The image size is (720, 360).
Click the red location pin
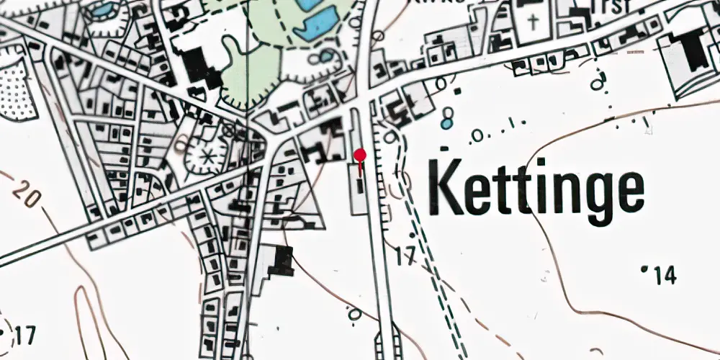(x=361, y=155)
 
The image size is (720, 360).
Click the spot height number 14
(x=665, y=274)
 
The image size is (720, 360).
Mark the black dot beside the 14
(x=644, y=269)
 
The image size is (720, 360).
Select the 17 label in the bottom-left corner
(x=24, y=335)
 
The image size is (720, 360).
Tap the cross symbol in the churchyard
(x=534, y=21)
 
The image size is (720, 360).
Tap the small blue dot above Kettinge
(x=447, y=123)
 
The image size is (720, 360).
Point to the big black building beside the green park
(x=199, y=68)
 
